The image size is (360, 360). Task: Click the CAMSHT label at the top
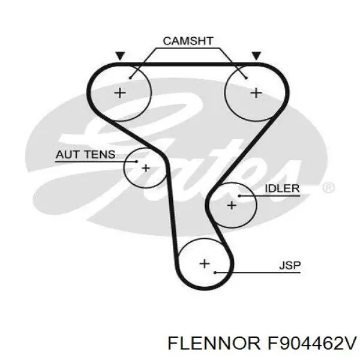click(188, 41)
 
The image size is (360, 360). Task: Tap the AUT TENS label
click(85, 154)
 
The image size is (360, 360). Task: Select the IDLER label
click(281, 188)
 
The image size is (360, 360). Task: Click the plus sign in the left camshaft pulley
click(121, 92)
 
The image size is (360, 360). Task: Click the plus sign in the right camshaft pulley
click(256, 92)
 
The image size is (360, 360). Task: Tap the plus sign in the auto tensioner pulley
click(146, 168)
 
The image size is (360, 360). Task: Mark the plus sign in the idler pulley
click(232, 205)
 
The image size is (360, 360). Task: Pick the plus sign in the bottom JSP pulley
click(205, 263)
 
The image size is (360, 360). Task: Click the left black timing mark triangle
click(121, 56)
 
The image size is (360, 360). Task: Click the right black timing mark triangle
click(256, 56)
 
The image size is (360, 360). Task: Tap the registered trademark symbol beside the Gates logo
click(328, 188)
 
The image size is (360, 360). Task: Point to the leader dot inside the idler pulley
click(239, 196)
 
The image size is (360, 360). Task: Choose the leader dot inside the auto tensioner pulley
click(137, 161)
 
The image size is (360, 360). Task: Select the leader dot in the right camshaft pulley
click(246, 76)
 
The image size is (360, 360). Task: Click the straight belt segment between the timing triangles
click(188, 63)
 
